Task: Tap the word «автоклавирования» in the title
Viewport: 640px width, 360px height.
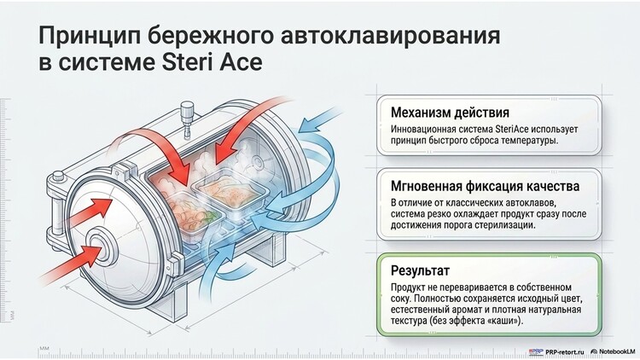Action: (x=391, y=36)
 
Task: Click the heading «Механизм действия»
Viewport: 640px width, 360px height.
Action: (x=450, y=113)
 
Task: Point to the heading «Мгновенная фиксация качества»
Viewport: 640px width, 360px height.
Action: (x=485, y=187)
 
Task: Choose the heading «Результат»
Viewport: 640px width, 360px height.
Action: (x=420, y=270)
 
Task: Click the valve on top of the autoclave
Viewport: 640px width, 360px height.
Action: (x=187, y=119)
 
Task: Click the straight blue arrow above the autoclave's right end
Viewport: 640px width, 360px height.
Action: (x=321, y=120)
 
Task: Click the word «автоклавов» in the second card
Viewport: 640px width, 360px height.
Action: (x=530, y=203)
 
